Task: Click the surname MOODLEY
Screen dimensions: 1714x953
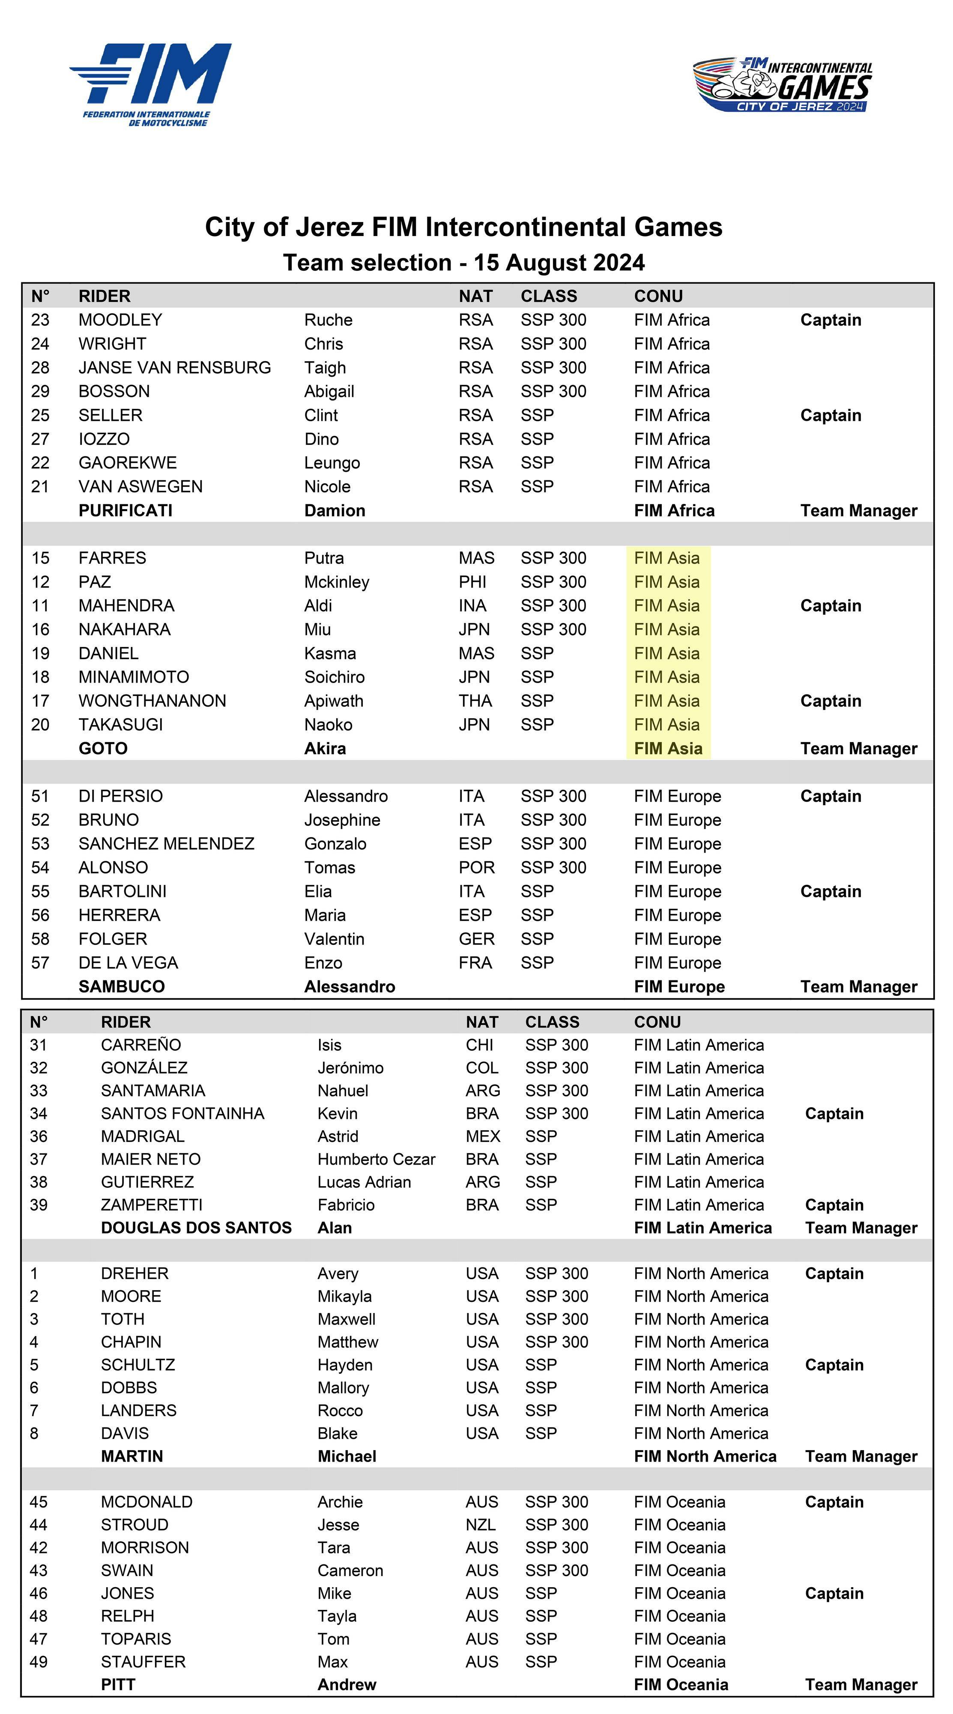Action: [120, 320]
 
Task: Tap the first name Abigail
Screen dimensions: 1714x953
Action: [329, 391]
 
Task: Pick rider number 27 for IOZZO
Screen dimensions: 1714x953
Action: [40, 439]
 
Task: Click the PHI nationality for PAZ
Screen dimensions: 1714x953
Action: [472, 582]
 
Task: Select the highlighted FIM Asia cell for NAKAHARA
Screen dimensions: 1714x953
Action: [667, 629]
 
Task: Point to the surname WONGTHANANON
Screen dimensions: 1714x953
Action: [152, 701]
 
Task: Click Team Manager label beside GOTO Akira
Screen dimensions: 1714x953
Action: [859, 749]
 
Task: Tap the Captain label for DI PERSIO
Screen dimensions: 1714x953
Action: [831, 797]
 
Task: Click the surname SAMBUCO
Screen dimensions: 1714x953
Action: [122, 987]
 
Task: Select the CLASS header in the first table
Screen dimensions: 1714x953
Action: [549, 296]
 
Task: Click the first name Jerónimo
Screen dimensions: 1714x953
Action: [350, 1068]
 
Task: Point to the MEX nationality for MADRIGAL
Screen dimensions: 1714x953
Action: [483, 1136]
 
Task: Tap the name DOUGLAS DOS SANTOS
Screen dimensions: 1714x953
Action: [196, 1228]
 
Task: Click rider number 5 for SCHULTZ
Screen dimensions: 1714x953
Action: [34, 1365]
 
